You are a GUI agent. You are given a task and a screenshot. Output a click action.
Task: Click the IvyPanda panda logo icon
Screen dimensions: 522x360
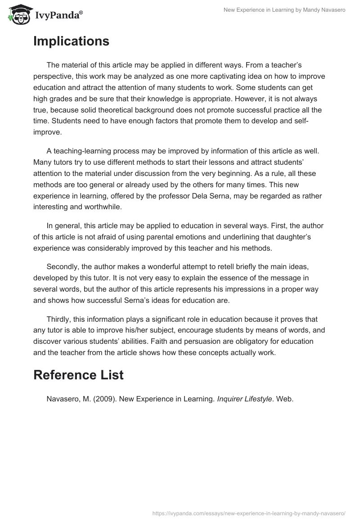click(x=18, y=13)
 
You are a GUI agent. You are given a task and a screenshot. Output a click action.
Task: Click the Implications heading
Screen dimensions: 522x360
click(x=71, y=41)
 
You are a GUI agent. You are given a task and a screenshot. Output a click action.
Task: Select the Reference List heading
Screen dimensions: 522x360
click(x=78, y=375)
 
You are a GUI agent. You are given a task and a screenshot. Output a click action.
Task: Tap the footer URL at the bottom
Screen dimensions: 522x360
click(x=249, y=513)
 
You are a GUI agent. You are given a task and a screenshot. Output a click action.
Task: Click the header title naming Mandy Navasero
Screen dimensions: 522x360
click(x=284, y=10)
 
